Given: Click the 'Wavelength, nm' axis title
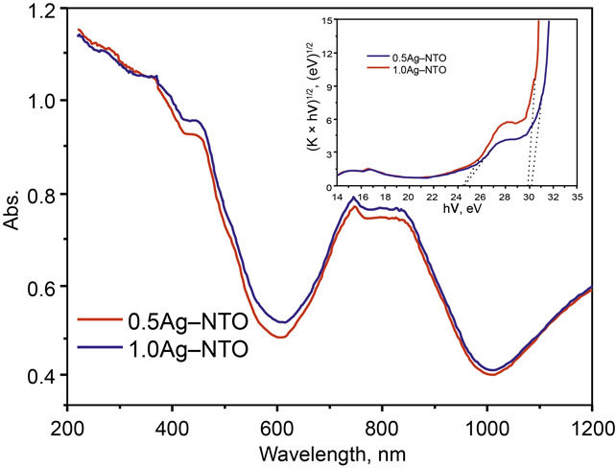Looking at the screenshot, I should pos(329,453).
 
